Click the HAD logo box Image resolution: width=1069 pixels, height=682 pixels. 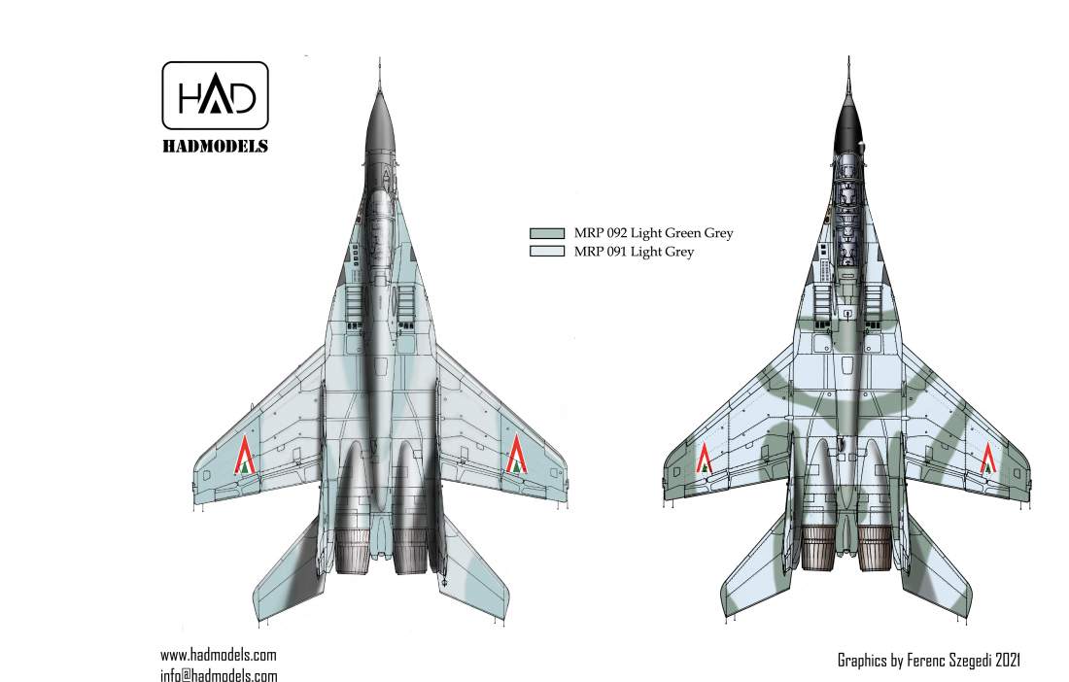(x=214, y=95)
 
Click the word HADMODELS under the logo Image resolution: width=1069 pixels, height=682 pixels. (x=214, y=147)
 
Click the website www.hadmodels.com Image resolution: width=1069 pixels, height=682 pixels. (x=218, y=655)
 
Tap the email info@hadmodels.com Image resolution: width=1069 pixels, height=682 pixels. (x=218, y=675)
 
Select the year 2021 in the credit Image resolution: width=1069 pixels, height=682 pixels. (x=1007, y=661)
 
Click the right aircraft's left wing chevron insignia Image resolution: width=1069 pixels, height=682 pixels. (x=706, y=458)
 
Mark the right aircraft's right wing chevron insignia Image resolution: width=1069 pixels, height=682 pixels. (x=990, y=457)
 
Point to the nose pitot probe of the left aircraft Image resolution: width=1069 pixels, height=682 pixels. (x=378, y=70)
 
